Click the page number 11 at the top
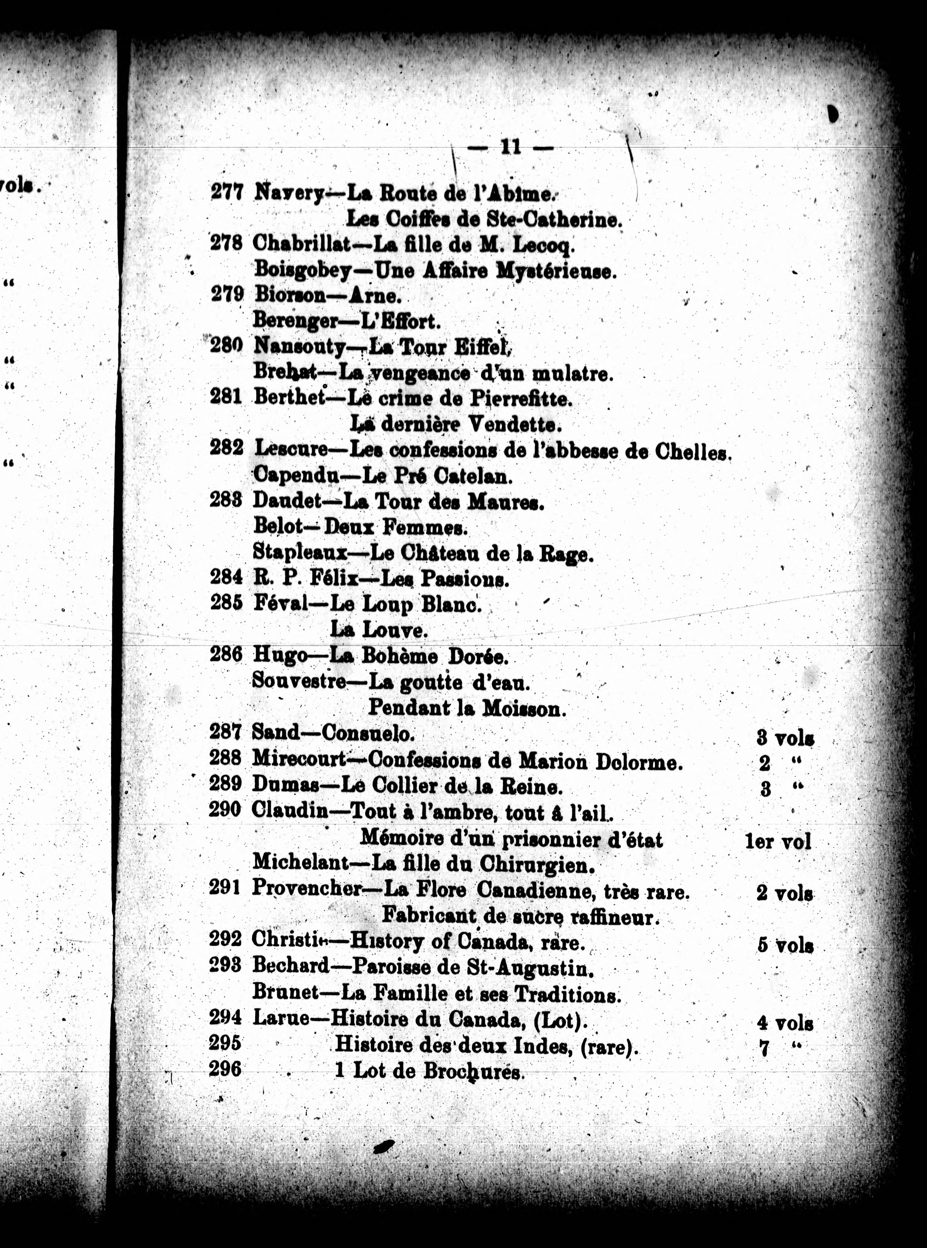[510, 147]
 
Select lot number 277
[227, 192]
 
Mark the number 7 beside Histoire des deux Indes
[763, 1048]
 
